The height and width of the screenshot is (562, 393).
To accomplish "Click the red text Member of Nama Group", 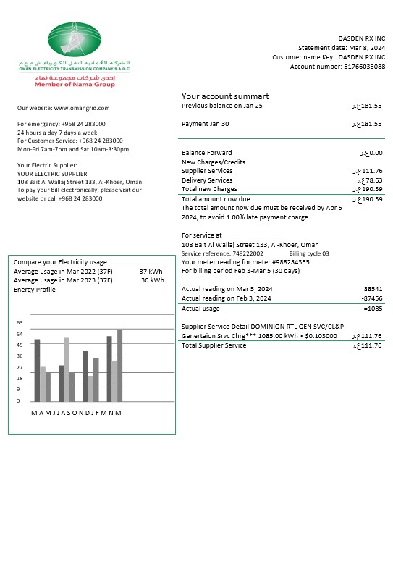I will [x=75, y=84].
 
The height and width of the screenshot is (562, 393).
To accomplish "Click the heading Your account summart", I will [x=225, y=96].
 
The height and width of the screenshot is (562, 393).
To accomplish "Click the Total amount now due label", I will [x=216, y=199].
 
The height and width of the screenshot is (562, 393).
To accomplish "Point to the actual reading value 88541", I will [x=373, y=288].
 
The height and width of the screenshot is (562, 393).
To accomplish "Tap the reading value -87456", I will [x=371, y=298].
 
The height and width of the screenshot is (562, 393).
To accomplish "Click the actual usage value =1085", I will [x=373, y=309].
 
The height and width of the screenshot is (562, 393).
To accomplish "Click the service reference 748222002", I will [x=248, y=254].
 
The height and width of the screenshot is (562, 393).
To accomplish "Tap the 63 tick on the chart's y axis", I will [x=20, y=323].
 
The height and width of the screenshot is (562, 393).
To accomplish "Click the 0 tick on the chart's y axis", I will [x=18, y=400].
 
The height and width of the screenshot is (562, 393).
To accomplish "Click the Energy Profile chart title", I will [x=35, y=290].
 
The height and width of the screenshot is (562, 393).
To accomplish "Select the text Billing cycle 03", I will [x=308, y=254].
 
